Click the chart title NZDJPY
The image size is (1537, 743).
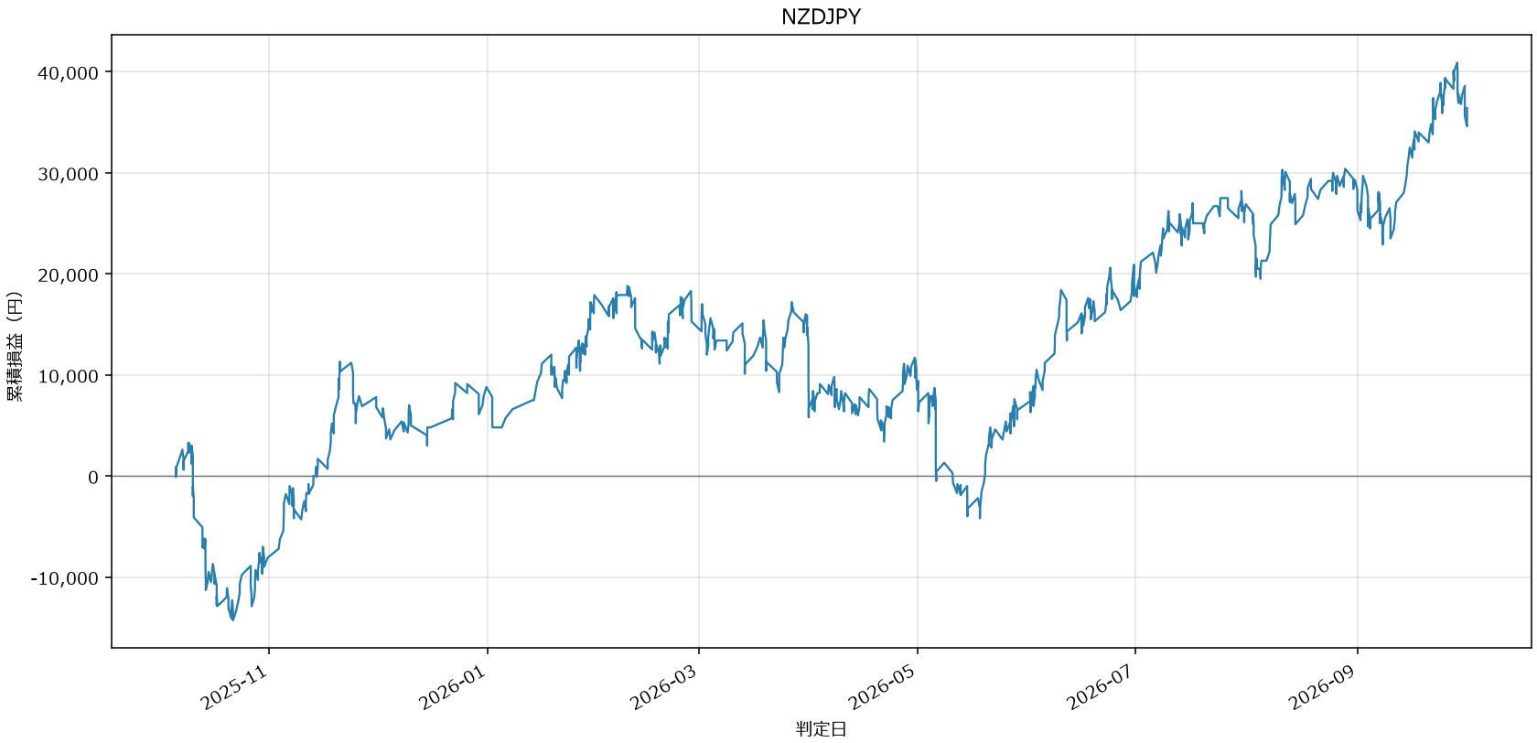click(x=821, y=16)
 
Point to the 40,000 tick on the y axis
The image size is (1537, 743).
click(x=68, y=72)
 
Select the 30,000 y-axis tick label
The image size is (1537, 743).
click(x=68, y=174)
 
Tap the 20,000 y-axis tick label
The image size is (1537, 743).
click(x=68, y=275)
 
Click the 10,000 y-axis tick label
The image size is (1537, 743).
click(x=68, y=376)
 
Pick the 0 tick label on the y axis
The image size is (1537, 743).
click(x=93, y=477)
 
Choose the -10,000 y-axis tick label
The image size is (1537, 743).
click(x=65, y=578)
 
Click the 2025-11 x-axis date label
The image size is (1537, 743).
click(x=234, y=687)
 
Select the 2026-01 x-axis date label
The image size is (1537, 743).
click(x=453, y=687)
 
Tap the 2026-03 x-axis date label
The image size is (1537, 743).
click(x=664, y=687)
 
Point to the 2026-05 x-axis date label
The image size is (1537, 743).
click(x=882, y=687)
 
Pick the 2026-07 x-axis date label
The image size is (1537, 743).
click(x=1101, y=687)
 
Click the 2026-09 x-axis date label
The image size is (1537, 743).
click(x=1323, y=687)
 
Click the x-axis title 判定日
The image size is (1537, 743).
click(x=821, y=728)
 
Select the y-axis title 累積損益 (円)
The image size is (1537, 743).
click(x=15, y=347)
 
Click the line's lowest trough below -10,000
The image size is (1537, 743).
click(x=232, y=620)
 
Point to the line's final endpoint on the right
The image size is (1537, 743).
click(x=1467, y=125)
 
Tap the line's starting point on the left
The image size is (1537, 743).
click(x=176, y=477)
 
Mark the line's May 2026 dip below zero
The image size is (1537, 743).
click(x=980, y=518)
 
